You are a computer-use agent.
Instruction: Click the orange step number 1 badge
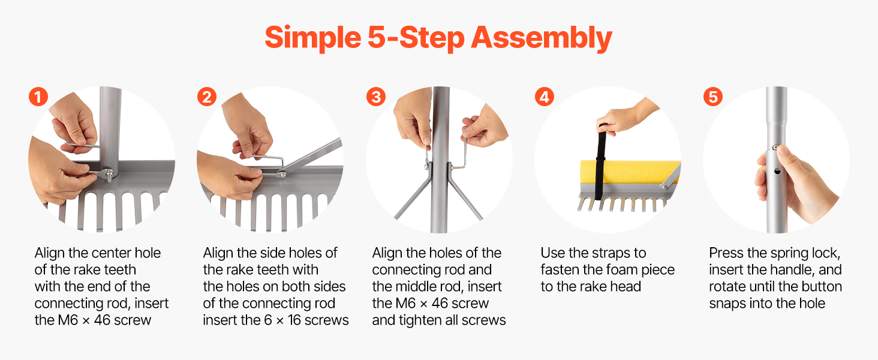click(38, 97)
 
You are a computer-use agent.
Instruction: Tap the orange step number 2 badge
click(207, 97)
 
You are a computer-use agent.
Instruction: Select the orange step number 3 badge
click(376, 97)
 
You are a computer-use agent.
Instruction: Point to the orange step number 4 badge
click(545, 97)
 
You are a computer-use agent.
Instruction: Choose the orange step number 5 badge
click(713, 97)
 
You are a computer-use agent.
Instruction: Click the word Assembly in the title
click(542, 38)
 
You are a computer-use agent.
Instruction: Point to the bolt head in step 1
click(109, 174)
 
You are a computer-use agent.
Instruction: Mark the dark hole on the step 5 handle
click(778, 172)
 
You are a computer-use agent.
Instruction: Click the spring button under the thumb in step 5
click(775, 148)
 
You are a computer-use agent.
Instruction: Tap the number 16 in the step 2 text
click(294, 320)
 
